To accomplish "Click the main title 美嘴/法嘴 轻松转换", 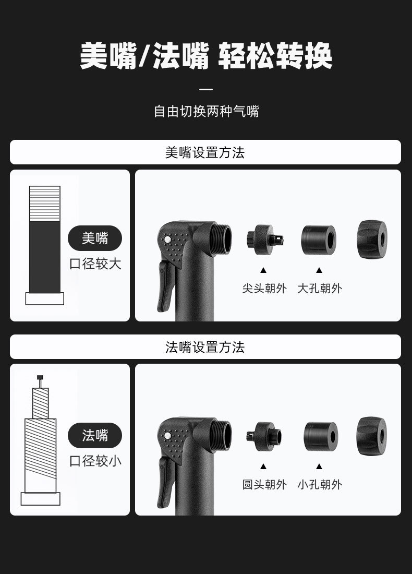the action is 206,56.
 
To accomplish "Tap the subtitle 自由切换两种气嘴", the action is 206,111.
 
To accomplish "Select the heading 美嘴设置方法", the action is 205,152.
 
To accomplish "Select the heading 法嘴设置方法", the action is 205,346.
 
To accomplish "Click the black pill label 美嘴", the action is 95,238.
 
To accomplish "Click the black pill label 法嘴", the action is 95,435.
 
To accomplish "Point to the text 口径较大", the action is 95,264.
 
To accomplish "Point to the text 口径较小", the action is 95,461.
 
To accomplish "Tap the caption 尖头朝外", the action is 264,288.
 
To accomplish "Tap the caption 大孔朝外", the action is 320,288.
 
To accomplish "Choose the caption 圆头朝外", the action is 264,484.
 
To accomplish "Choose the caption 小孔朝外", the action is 320,484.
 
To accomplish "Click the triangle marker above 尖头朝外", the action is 263,270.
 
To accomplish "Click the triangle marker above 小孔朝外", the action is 319,467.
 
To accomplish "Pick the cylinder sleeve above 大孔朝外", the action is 318,240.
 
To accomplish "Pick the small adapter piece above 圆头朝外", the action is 264,436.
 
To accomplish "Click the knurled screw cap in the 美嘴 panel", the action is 372,240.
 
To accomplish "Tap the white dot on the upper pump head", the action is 167,240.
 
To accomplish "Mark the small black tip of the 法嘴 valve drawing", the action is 40,377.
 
